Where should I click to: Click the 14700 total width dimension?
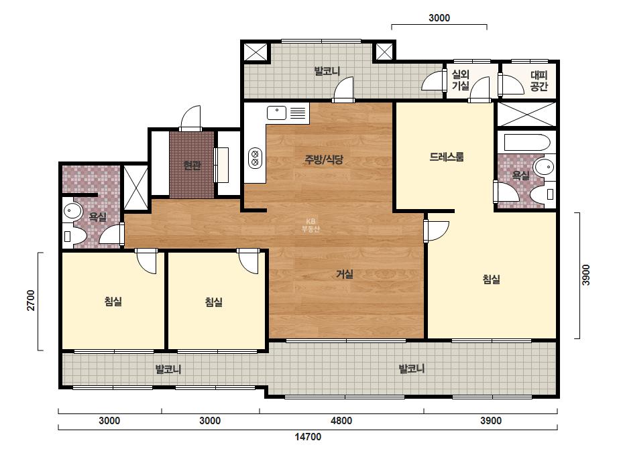pyautogui.click(x=308, y=437)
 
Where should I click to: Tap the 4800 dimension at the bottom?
pyautogui.click(x=341, y=421)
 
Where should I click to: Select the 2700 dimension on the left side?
pyautogui.click(x=31, y=300)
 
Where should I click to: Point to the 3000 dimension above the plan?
pyautogui.click(x=439, y=17)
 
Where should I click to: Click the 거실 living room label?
pyautogui.click(x=344, y=274)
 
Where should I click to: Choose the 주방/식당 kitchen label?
pyautogui.click(x=324, y=159)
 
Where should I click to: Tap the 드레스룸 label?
pyautogui.click(x=447, y=157)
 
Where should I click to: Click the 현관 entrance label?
pyautogui.click(x=192, y=166)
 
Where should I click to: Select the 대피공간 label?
pyautogui.click(x=539, y=81)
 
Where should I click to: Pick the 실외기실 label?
pyautogui.click(x=460, y=80)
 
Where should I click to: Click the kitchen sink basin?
pyautogui.click(x=276, y=113)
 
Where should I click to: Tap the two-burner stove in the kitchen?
pyautogui.click(x=255, y=157)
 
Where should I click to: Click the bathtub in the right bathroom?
pyautogui.click(x=527, y=143)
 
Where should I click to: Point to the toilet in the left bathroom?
pyautogui.click(x=74, y=236)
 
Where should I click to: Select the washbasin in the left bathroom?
pyautogui.click(x=72, y=210)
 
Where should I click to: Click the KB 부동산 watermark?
pyautogui.click(x=311, y=225)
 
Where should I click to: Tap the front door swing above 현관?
pyautogui.click(x=190, y=117)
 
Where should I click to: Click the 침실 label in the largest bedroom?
pyautogui.click(x=491, y=279)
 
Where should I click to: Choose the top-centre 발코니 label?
pyautogui.click(x=327, y=72)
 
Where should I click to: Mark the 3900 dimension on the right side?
pyautogui.click(x=586, y=275)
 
